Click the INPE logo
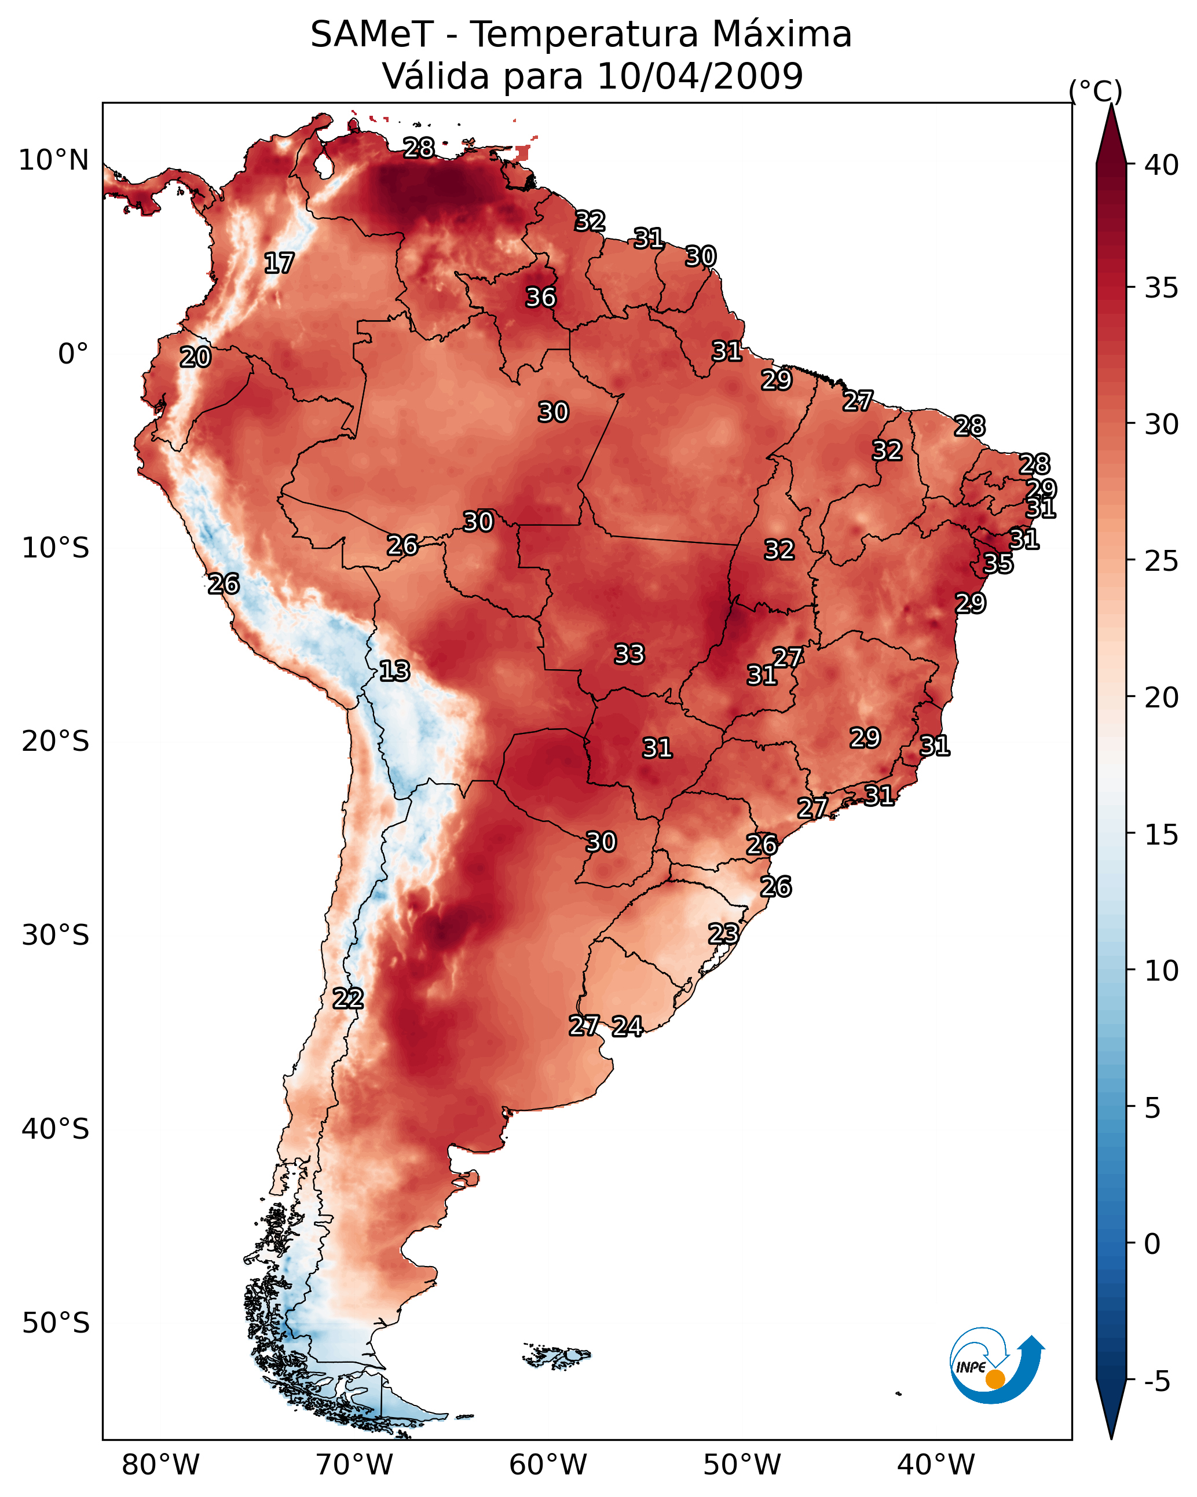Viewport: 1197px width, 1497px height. click(x=995, y=1367)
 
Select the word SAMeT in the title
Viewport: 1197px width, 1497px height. click(x=372, y=35)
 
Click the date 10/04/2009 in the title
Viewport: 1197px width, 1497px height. click(x=700, y=76)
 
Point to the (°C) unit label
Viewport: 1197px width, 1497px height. click(x=1095, y=91)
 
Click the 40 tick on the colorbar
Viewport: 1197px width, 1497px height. click(x=1161, y=165)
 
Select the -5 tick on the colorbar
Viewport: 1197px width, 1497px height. click(x=1156, y=1381)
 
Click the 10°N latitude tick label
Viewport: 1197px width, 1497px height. click(x=53, y=160)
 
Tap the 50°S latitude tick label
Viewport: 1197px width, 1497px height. click(x=55, y=1323)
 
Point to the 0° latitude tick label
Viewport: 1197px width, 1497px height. click(x=73, y=354)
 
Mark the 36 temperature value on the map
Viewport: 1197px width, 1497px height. click(x=540, y=297)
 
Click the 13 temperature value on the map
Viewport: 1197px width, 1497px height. click(x=394, y=671)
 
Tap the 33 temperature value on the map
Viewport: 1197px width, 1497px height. click(x=629, y=654)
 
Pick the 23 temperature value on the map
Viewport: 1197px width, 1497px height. click(x=723, y=933)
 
